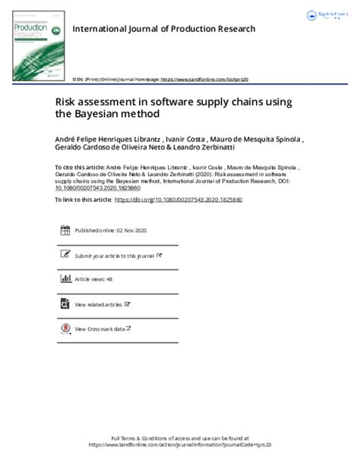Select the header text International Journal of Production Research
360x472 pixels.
pyautogui.click(x=163, y=29)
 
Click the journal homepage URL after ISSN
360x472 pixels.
pyautogui.click(x=206, y=79)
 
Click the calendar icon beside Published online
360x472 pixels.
pyautogui.click(x=65, y=230)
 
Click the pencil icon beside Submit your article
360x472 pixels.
pyautogui.click(x=65, y=255)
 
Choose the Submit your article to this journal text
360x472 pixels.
pyautogui.click(x=114, y=256)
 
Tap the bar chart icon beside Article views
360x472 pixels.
pyautogui.click(x=65, y=279)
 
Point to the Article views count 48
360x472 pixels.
pyautogui.click(x=109, y=280)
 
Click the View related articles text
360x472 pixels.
pyautogui.click(x=98, y=304)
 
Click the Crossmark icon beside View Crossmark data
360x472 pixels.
pyautogui.click(x=65, y=329)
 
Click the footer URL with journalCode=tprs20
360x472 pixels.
pyautogui.click(x=179, y=445)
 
